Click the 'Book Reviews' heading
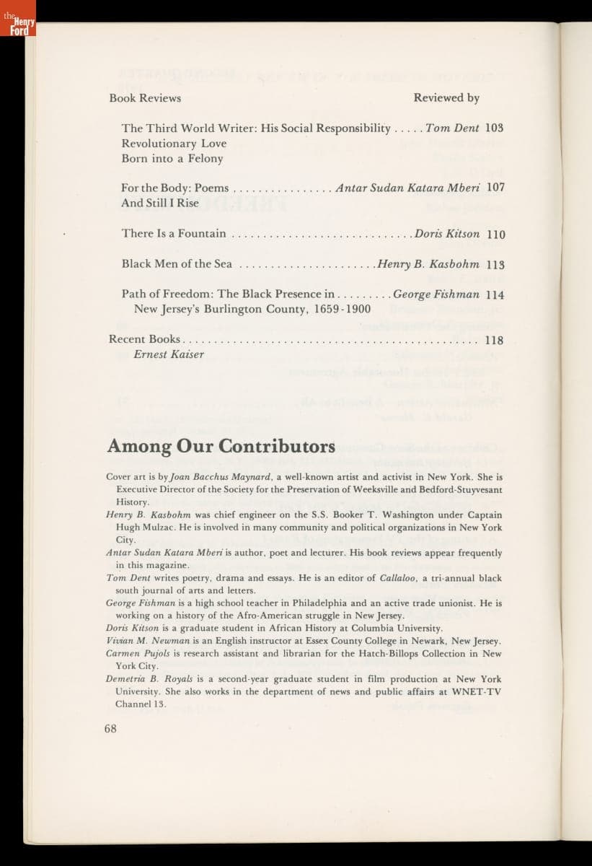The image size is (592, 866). tap(145, 98)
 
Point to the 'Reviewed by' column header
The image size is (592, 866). tap(446, 98)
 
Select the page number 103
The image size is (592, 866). tap(495, 128)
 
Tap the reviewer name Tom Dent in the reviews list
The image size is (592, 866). tap(452, 128)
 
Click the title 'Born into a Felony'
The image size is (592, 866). tap(172, 159)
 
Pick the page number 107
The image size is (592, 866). tap(495, 188)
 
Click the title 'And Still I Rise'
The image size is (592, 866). tap(160, 204)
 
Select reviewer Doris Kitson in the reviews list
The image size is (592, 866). tap(447, 234)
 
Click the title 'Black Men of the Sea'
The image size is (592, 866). tap(177, 264)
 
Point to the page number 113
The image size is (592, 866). tap(495, 264)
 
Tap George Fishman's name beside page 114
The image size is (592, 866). tap(436, 294)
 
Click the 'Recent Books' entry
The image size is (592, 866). tap(144, 339)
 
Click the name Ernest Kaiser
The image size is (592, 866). tap(169, 354)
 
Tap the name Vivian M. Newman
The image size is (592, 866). tap(137, 641)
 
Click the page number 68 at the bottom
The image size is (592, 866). tap(110, 728)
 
